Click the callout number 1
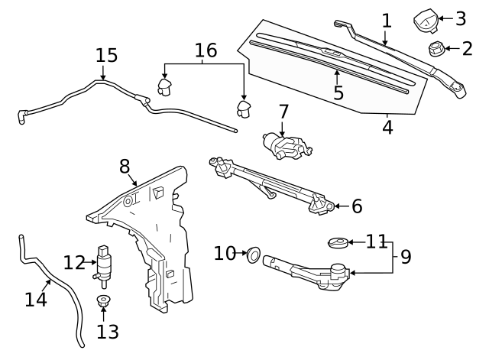387,20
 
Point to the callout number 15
107,56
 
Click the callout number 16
206,50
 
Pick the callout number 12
74,263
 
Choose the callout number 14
36,299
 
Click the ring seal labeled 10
253,253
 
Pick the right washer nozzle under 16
244,109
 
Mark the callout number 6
357,206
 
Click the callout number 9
405,257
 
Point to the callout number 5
338,92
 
